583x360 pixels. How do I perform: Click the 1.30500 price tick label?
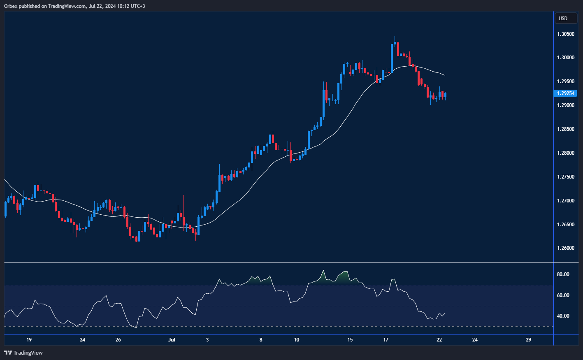pos(566,34)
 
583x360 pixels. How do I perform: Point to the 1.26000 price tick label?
pos(566,248)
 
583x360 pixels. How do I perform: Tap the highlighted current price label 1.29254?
pos(566,93)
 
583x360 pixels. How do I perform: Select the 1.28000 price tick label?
pos(566,153)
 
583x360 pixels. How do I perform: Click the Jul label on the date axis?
pos(172,340)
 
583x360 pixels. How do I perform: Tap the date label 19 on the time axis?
pos(29,340)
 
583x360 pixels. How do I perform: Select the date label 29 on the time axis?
pos(528,340)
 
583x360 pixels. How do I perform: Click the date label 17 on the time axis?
pos(386,340)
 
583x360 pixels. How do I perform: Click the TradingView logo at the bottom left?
pos(23,353)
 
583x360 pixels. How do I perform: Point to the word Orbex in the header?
pos(11,6)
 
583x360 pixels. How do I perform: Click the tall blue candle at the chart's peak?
pos(392,58)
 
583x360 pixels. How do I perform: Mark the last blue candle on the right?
pos(445,95)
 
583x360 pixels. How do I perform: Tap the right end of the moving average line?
pos(445,75)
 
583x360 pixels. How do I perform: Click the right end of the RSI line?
pos(445,313)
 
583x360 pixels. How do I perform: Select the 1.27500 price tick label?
pos(566,177)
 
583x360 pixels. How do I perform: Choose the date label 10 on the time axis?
pos(296,340)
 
